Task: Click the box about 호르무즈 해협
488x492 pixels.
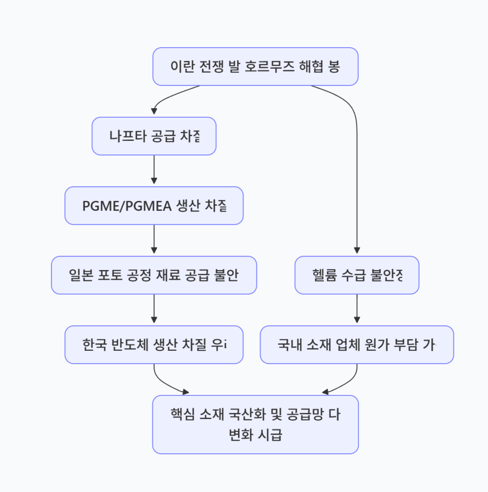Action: point(256,67)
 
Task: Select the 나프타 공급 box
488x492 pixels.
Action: point(154,136)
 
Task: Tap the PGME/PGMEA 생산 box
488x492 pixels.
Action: point(154,206)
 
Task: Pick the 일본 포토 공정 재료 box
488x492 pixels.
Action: point(154,275)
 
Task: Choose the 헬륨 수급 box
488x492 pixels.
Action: point(356,275)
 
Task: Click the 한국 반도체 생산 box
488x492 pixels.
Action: point(154,344)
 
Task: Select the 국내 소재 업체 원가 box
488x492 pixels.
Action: point(356,344)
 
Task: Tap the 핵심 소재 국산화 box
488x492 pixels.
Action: point(256,424)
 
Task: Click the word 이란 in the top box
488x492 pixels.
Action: point(182,67)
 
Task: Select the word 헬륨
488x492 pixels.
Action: point(324,275)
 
